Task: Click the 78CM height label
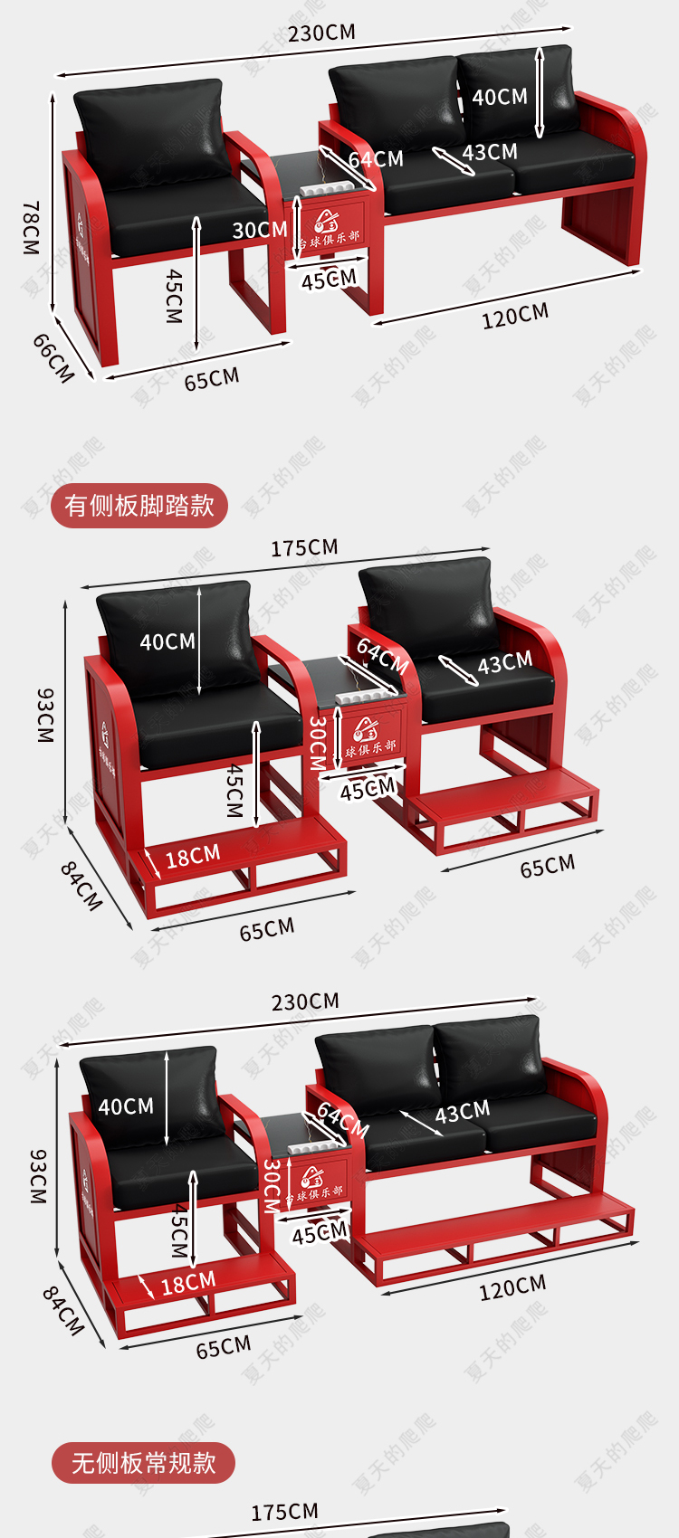click(x=32, y=227)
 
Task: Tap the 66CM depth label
click(x=53, y=357)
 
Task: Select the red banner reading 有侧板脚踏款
click(x=139, y=505)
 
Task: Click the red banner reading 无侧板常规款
click(x=143, y=1463)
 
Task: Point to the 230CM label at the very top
click(x=321, y=33)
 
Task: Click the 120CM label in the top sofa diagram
click(x=514, y=316)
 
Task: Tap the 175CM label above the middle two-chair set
click(x=304, y=548)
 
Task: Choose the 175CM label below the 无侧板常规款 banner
click(x=284, y=1513)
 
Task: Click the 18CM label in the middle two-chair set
click(x=192, y=856)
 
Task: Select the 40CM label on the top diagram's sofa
click(x=499, y=97)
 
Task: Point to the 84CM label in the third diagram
click(x=63, y=1311)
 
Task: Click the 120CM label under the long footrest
click(x=512, y=1287)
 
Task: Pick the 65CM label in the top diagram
click(x=212, y=379)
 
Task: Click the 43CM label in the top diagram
click(x=490, y=152)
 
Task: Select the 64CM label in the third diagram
click(x=343, y=1120)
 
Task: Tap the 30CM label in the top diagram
click(x=259, y=230)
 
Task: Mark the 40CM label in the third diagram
click(x=126, y=1106)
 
